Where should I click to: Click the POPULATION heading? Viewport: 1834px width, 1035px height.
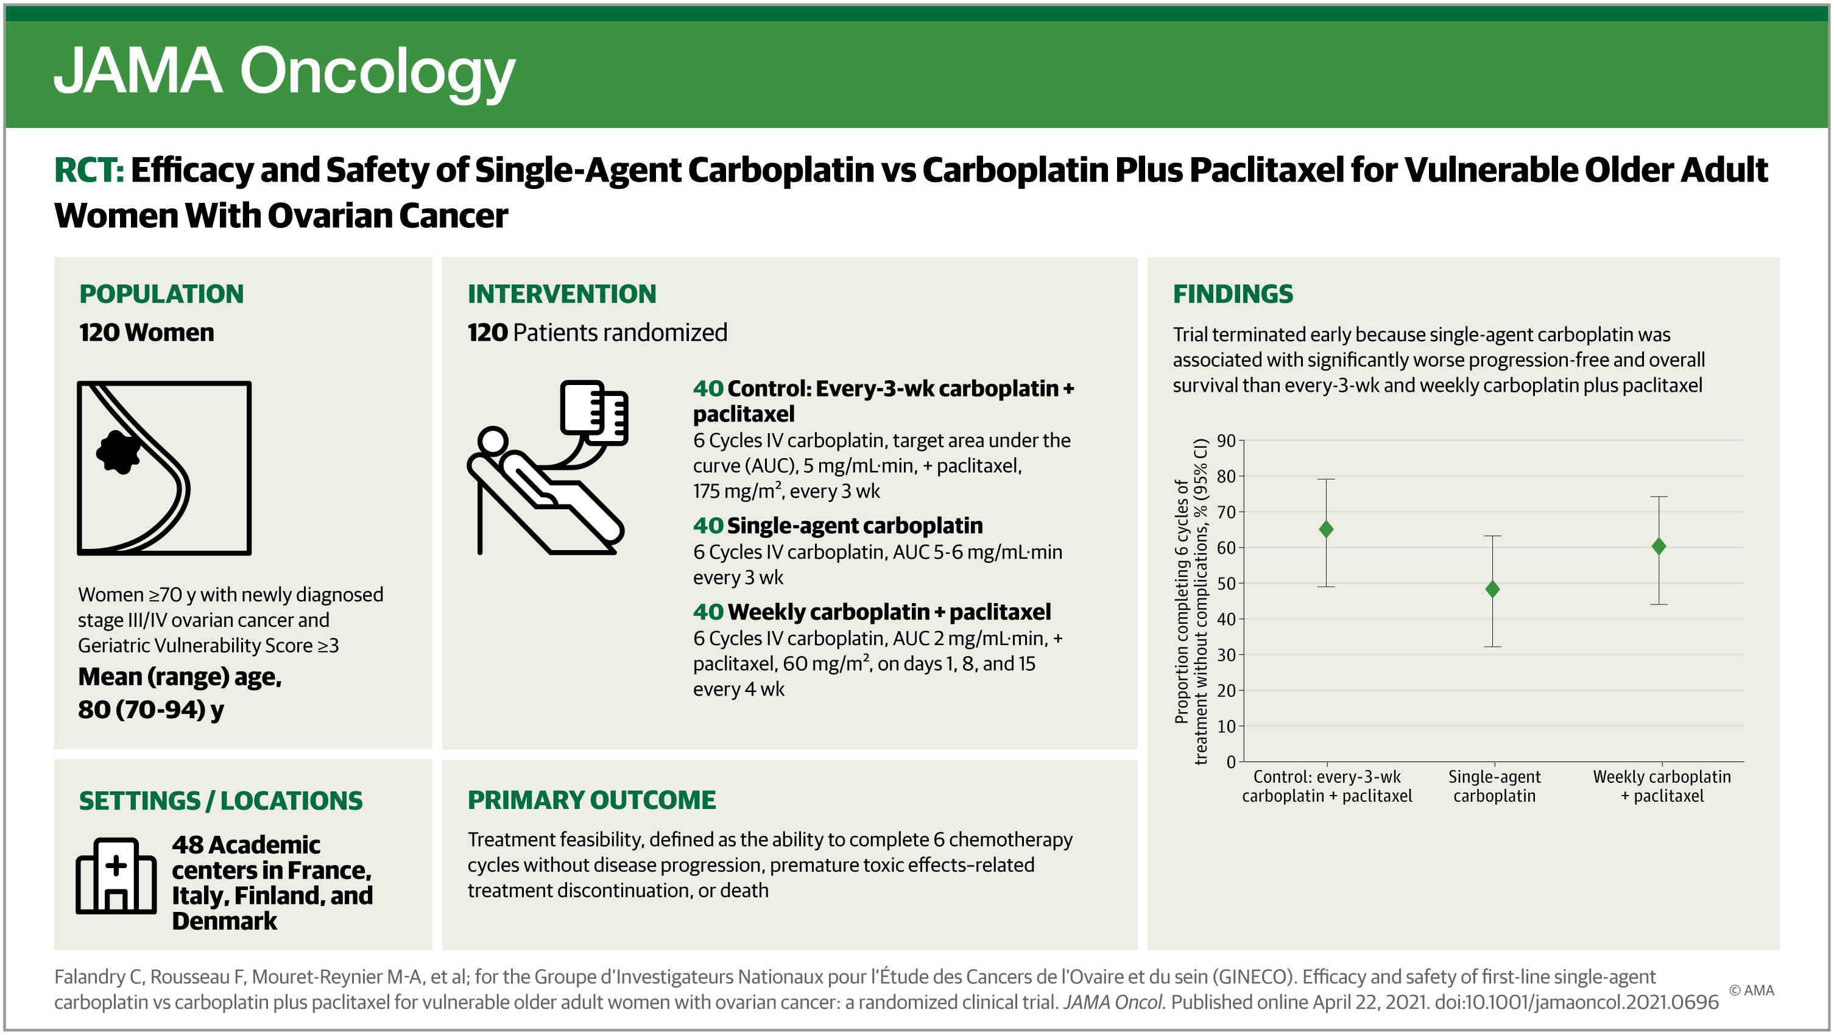tap(161, 294)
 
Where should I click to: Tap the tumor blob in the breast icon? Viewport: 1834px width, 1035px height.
tap(118, 451)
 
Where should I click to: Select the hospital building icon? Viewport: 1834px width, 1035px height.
tap(116, 875)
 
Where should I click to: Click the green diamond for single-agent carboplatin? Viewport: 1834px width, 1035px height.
tap(1492, 590)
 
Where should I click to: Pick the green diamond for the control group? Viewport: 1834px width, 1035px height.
tap(1325, 529)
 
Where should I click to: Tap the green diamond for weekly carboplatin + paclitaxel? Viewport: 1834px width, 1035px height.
tap(1659, 546)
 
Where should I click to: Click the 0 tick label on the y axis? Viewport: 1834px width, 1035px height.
tap(1231, 761)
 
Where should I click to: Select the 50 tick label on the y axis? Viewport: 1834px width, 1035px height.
tap(1226, 583)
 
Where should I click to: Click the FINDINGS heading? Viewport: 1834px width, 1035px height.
tap(1232, 294)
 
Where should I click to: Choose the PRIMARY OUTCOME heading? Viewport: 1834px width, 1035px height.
tap(591, 800)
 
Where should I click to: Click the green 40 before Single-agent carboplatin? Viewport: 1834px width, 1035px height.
tap(708, 525)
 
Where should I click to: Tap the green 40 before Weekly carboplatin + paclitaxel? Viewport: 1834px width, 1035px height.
tap(708, 612)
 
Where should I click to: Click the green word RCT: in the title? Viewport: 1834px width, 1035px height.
tap(89, 170)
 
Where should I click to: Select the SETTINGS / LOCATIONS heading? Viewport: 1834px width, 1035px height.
tap(220, 801)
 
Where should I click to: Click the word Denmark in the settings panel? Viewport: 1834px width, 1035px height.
tap(224, 921)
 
